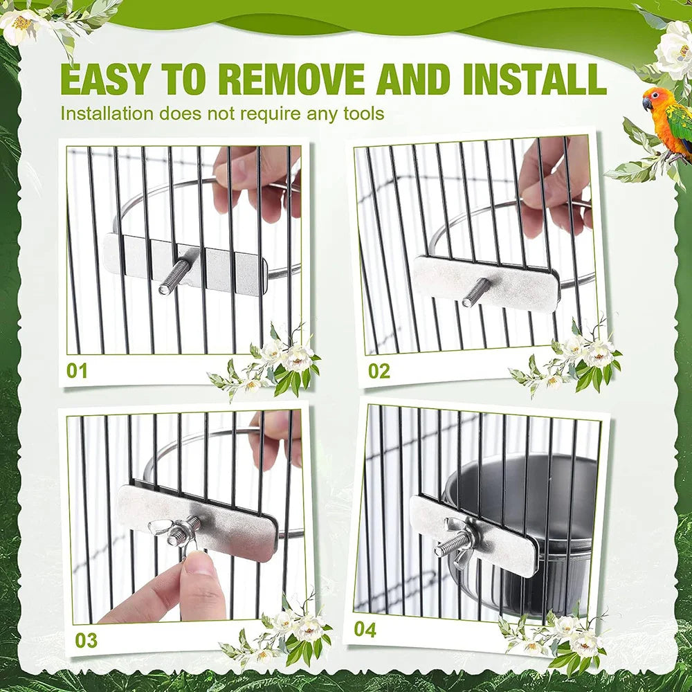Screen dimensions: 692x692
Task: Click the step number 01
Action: coord(78,371)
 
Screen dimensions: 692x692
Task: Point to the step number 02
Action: coord(379,371)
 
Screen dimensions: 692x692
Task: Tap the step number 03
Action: coord(86,639)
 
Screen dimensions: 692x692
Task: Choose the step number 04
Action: coord(365,630)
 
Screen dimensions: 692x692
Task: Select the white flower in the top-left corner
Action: coord(21,24)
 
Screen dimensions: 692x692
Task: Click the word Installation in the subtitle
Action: coord(107,113)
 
